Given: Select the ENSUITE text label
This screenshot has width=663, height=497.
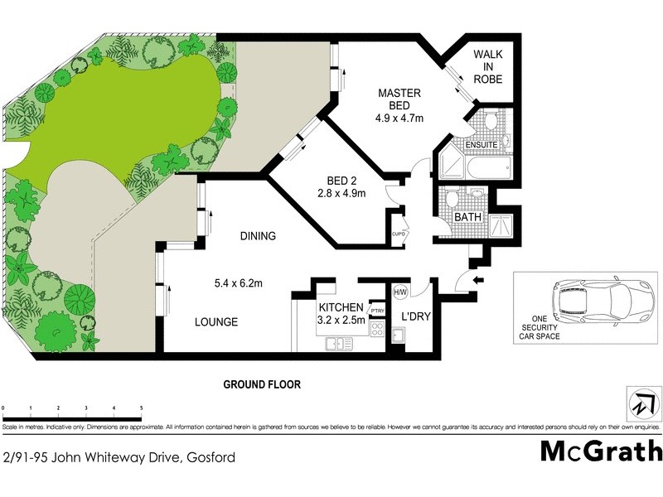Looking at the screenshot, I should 481,145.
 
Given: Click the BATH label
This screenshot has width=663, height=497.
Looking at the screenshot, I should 469,218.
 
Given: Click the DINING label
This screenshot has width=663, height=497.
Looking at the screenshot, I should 258,236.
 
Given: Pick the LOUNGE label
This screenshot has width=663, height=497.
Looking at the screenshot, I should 216,321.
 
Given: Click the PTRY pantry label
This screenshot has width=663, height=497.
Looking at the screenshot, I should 378,311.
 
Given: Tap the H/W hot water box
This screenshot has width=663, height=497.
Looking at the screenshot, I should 400,292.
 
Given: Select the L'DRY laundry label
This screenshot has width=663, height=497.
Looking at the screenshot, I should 414,316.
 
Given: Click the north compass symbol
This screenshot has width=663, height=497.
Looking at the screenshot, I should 642,405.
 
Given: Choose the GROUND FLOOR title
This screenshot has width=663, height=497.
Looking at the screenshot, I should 261,384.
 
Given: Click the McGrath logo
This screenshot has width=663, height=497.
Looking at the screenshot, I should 602,451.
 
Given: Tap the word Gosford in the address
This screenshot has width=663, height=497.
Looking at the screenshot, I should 211,457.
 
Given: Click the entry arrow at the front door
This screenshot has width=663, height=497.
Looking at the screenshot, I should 477,281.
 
